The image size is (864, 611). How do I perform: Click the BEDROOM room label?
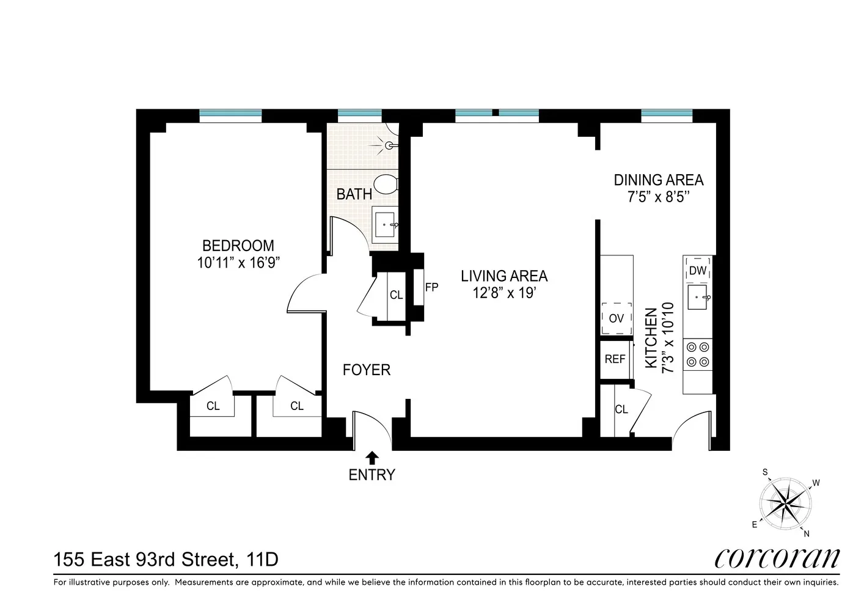238,246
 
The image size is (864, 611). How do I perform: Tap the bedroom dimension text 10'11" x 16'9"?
238,263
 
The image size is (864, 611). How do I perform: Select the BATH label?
354,194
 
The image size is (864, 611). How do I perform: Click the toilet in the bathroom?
386,185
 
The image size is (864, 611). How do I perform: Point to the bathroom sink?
385,225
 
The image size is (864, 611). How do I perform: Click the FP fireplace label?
431,287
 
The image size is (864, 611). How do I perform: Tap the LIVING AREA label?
504,276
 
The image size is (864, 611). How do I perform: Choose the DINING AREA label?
659,180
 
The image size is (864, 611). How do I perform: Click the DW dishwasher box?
697,271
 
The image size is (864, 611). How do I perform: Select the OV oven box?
617,318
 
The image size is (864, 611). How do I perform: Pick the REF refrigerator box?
615,359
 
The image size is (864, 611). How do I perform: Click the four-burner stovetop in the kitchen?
698,354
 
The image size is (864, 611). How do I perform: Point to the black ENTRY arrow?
372,458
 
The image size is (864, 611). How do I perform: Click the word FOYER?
367,370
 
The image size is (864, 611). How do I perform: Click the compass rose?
785,503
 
